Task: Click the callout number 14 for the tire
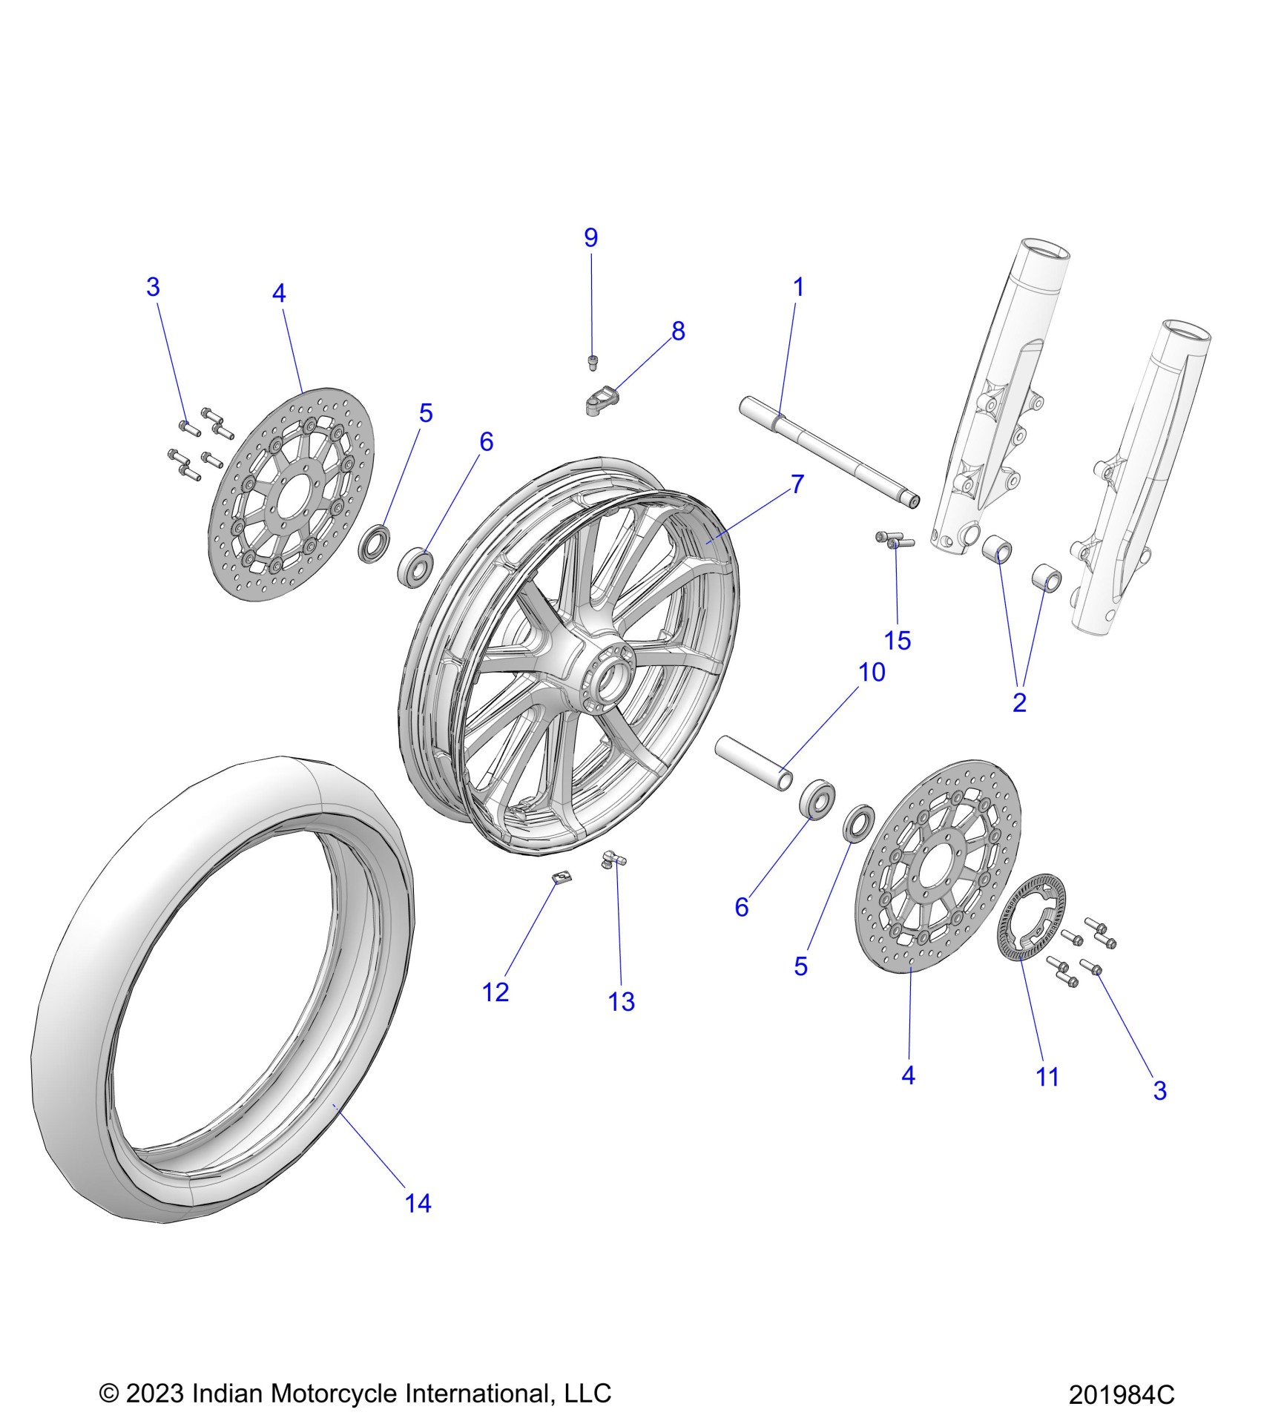click(418, 1203)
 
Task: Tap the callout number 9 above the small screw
click(590, 238)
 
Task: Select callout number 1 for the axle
click(798, 287)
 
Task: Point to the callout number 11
click(1047, 1077)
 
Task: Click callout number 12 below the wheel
click(495, 992)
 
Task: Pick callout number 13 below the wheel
click(622, 1002)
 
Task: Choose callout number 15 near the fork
click(898, 640)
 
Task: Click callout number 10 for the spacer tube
click(872, 673)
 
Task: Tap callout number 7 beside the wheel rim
click(797, 484)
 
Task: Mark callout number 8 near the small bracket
click(678, 332)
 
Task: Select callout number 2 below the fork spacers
click(1019, 702)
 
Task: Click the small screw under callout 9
click(592, 362)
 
